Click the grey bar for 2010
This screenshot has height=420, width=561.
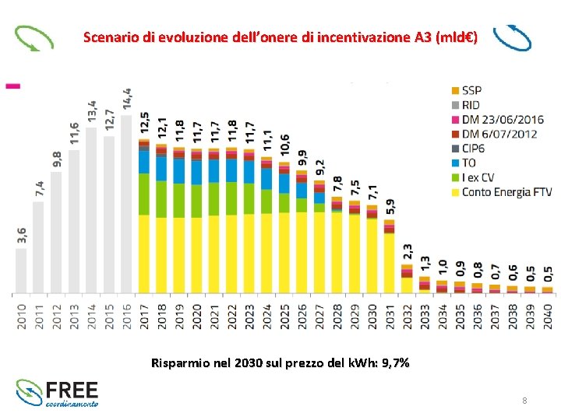tap(21, 270)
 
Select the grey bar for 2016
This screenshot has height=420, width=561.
tap(126, 204)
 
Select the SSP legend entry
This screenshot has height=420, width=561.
tap(471, 89)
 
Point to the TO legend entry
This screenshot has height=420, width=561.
tap(469, 163)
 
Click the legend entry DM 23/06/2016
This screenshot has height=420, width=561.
tap(503, 119)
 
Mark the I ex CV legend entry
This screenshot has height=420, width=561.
tap(479, 177)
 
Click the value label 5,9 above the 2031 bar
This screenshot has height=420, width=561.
tap(390, 207)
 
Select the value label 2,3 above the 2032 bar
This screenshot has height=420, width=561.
tap(408, 252)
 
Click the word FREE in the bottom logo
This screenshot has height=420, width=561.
tap(72, 388)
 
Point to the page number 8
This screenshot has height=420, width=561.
tap(524, 401)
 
